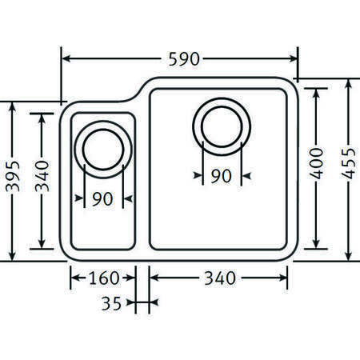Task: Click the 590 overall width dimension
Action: click(183, 59)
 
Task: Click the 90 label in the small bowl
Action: click(102, 200)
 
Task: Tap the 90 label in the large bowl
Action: click(222, 176)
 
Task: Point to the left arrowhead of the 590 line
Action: click(66, 59)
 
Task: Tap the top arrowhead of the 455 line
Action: click(350, 84)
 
